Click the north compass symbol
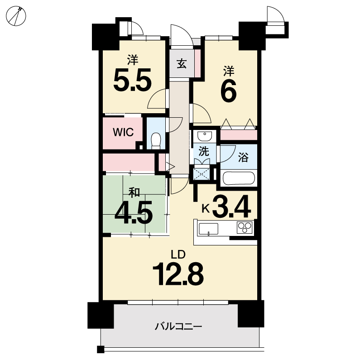pyautogui.click(x=16, y=16)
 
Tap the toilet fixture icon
pyautogui.click(x=156, y=141)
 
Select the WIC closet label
pyautogui.click(x=123, y=132)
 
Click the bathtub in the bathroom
pyautogui.click(x=239, y=178)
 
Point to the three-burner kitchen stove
pyautogui.click(x=245, y=227)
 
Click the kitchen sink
pyautogui.click(x=208, y=229)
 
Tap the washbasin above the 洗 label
pyautogui.click(x=205, y=136)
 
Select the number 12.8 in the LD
pyautogui.click(x=178, y=274)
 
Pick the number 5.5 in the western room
pyautogui.click(x=133, y=80)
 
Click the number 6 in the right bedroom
pyautogui.click(x=228, y=91)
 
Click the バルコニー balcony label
pyautogui.click(x=178, y=326)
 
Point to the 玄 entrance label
pyautogui.click(x=182, y=64)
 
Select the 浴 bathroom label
pyautogui.click(x=243, y=158)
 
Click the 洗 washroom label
pyautogui.click(x=204, y=151)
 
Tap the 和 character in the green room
pyautogui.click(x=134, y=192)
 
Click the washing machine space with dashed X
pyautogui.click(x=202, y=174)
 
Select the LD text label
pyautogui.click(x=178, y=254)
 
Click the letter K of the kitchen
pyautogui.click(x=206, y=209)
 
